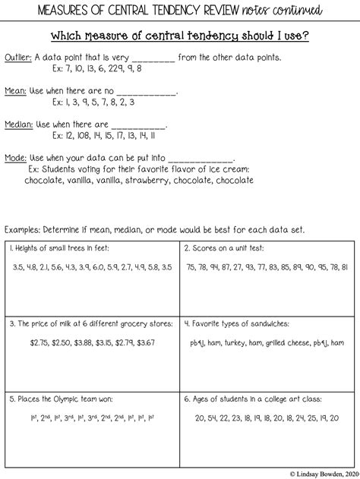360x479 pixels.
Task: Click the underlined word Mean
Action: click(x=15, y=90)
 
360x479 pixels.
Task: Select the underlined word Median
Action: click(x=18, y=123)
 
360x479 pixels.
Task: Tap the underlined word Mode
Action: click(x=15, y=156)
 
